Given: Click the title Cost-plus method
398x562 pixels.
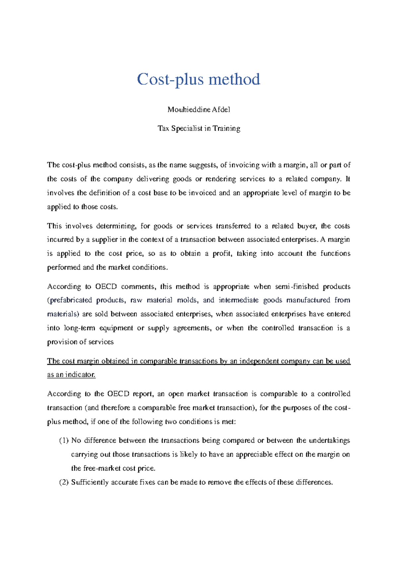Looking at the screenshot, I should click(199, 80).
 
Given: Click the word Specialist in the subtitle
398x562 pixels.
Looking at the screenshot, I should click(187, 129).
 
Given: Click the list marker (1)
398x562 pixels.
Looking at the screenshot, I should click(64, 441).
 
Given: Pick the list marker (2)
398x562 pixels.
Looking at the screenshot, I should click(64, 482).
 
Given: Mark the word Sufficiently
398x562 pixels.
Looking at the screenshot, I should click(90, 482).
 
